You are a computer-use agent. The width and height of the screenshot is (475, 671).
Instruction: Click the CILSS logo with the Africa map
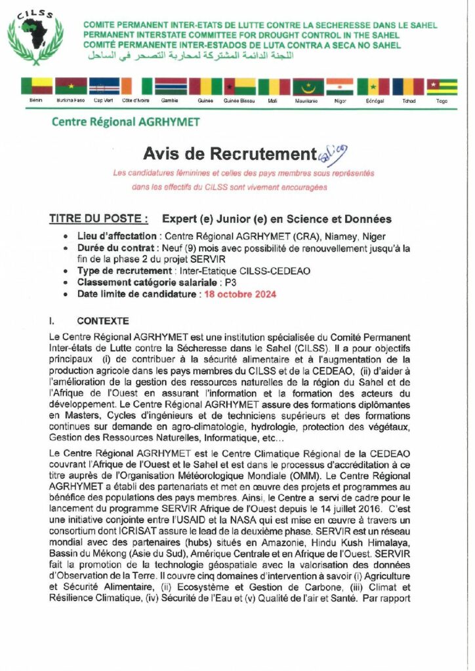pos(35,37)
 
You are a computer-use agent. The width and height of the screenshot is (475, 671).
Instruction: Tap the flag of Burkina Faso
pos(72,86)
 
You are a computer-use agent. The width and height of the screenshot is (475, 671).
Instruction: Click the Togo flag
pos(442,86)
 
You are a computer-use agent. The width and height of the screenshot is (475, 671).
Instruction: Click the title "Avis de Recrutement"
pos(230,154)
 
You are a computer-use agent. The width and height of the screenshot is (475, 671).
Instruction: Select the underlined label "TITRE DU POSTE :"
pos(98,219)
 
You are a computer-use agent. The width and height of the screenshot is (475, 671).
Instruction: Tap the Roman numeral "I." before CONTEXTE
pos(52,321)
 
